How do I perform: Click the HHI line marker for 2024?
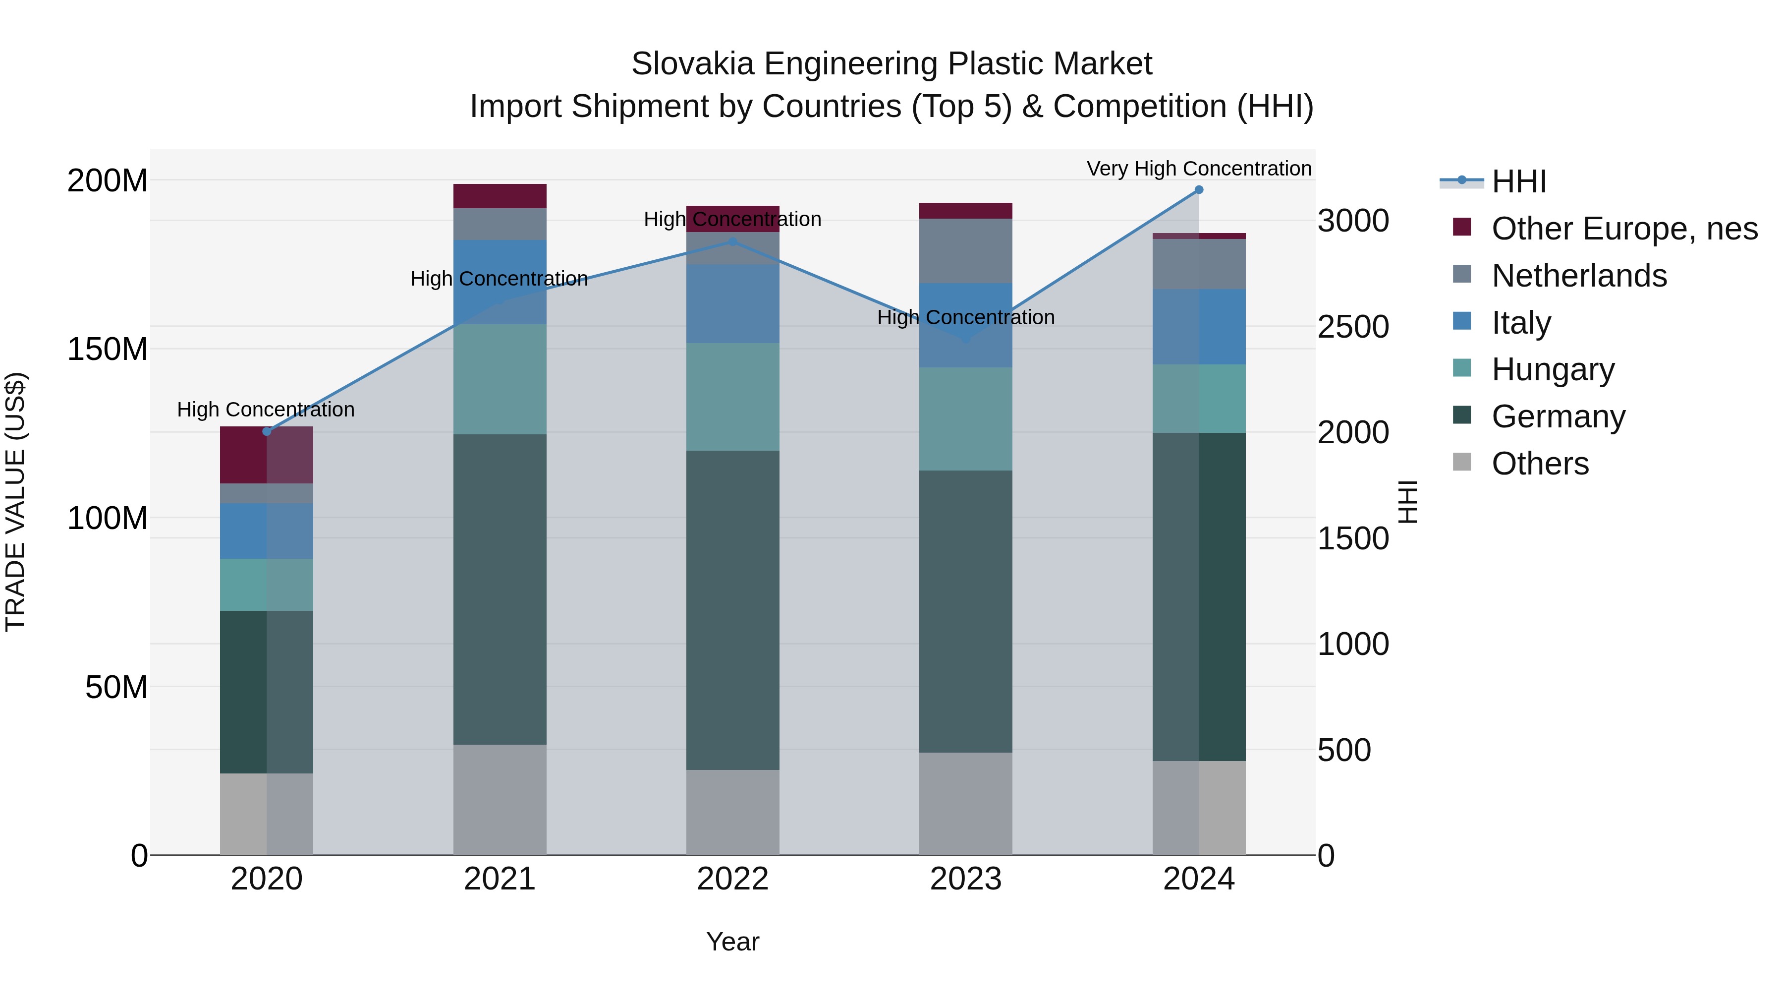point(1199,190)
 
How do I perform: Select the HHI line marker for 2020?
point(267,432)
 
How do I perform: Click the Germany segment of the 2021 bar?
point(500,589)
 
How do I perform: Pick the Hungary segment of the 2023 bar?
point(965,418)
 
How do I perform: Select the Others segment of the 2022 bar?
point(733,812)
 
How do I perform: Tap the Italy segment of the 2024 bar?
point(1199,326)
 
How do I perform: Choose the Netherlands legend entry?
point(1578,276)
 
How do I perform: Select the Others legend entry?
point(1540,464)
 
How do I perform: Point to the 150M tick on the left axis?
point(108,349)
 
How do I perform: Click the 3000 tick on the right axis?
point(1352,221)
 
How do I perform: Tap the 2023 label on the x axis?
point(965,879)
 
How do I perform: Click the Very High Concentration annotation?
point(1199,169)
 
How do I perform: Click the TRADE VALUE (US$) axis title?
point(15,502)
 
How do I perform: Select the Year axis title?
point(733,942)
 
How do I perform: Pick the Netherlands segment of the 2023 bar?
point(965,251)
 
